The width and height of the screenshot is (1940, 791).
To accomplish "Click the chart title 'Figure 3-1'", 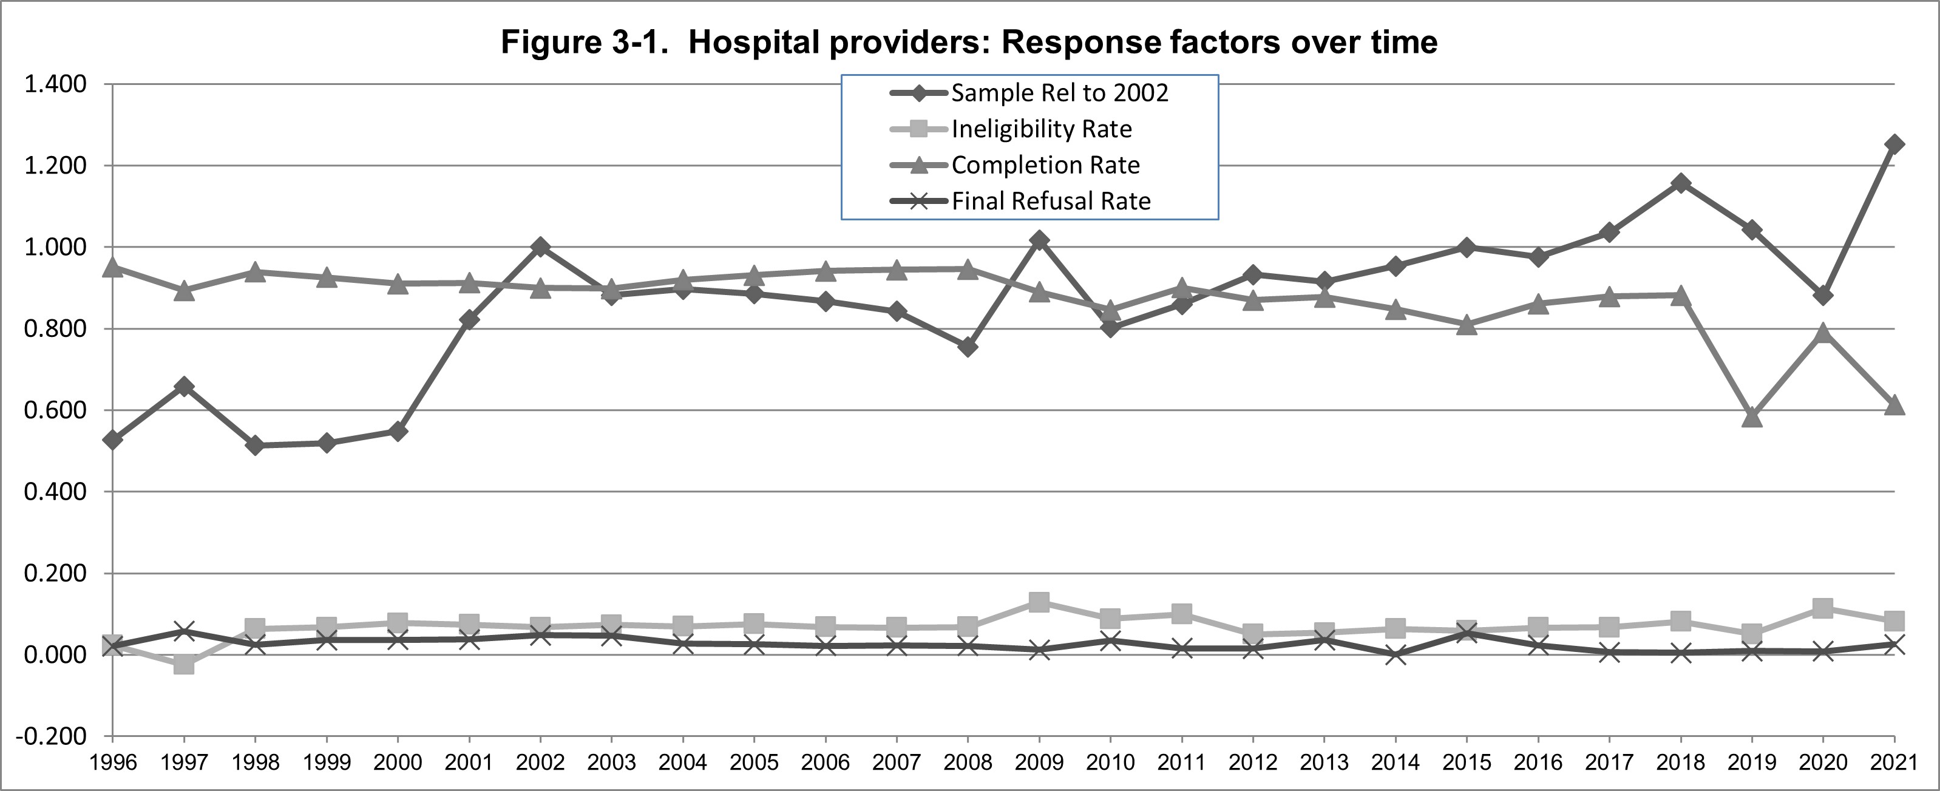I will point(969,42).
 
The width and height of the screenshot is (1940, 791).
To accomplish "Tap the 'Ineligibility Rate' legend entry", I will point(1042,129).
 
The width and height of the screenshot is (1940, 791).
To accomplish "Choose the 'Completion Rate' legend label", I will point(1045,165).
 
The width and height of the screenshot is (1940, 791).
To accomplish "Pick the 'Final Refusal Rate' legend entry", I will point(1051,201).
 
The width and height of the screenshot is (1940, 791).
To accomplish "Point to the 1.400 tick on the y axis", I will point(56,84).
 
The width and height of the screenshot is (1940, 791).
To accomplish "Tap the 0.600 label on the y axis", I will point(56,410).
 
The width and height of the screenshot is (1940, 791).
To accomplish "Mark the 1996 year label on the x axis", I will point(113,762).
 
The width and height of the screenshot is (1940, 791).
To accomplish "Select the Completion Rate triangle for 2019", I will point(1752,416).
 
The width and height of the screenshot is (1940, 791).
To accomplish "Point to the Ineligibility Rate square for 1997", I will point(184,665).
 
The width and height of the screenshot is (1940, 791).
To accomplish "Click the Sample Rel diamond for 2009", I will point(1039,240).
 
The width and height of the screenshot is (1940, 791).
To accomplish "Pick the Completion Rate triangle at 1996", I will point(113,266).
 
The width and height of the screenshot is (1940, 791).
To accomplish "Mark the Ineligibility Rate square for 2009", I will point(1039,602).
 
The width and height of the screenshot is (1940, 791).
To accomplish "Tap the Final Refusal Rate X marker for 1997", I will point(184,631).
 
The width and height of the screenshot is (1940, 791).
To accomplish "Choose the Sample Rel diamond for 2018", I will point(1680,183).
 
